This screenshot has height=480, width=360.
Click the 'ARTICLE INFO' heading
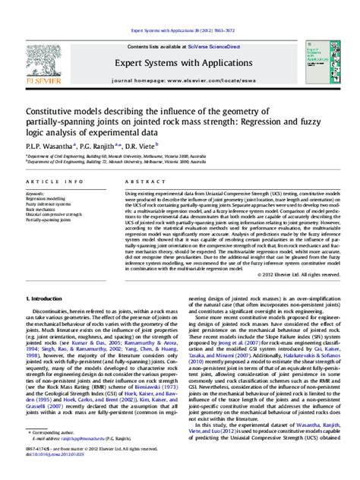pos(44,183)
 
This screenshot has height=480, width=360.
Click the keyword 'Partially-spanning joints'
pos(46,220)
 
